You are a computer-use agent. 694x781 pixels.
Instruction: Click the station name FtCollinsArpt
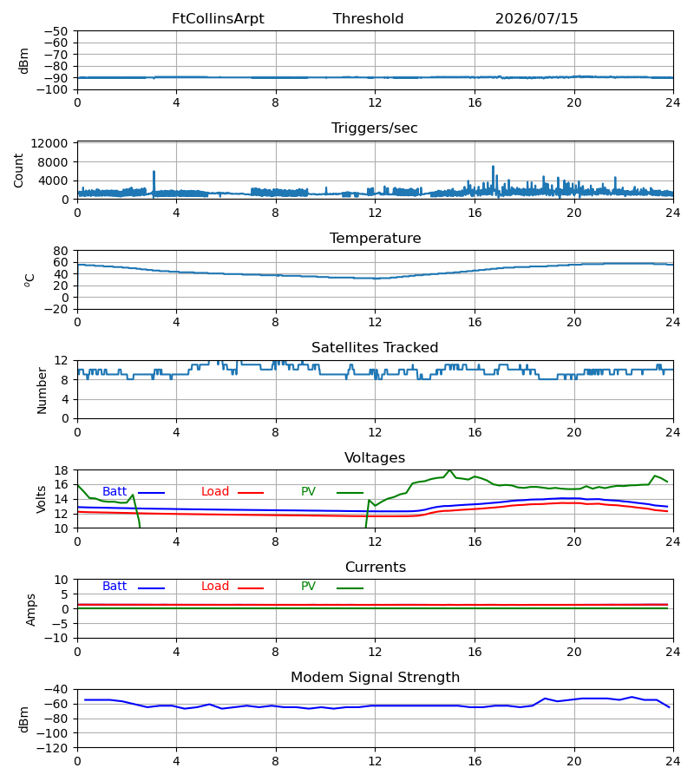tap(218, 19)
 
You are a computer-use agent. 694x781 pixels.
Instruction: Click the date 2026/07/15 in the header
tap(536, 19)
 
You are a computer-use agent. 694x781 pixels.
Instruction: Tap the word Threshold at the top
tap(368, 19)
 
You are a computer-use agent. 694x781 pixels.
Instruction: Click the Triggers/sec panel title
tap(375, 128)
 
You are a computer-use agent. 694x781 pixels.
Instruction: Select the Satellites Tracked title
tap(375, 348)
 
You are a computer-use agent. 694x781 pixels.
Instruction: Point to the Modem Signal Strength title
tap(375, 678)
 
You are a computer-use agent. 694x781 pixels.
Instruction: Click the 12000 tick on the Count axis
tap(49, 143)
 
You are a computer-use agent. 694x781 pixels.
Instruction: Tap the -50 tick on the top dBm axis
tap(56, 31)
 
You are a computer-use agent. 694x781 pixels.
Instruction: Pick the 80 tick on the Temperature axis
tap(61, 251)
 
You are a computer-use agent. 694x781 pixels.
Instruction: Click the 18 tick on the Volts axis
tap(61, 470)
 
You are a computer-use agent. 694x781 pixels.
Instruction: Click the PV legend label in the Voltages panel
tap(308, 492)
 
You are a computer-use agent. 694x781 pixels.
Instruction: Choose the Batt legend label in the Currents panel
tap(115, 587)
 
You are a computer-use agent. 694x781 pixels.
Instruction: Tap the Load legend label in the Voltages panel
tap(215, 492)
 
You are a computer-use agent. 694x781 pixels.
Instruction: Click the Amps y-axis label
tap(31, 610)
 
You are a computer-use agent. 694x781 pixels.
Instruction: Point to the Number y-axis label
tap(42, 391)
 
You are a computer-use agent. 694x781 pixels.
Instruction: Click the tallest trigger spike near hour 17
tap(494, 167)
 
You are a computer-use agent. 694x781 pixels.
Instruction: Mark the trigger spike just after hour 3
tap(154, 172)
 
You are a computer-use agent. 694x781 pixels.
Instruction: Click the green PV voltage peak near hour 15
tap(450, 470)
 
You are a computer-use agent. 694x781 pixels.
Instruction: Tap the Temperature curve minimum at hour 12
tap(376, 279)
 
